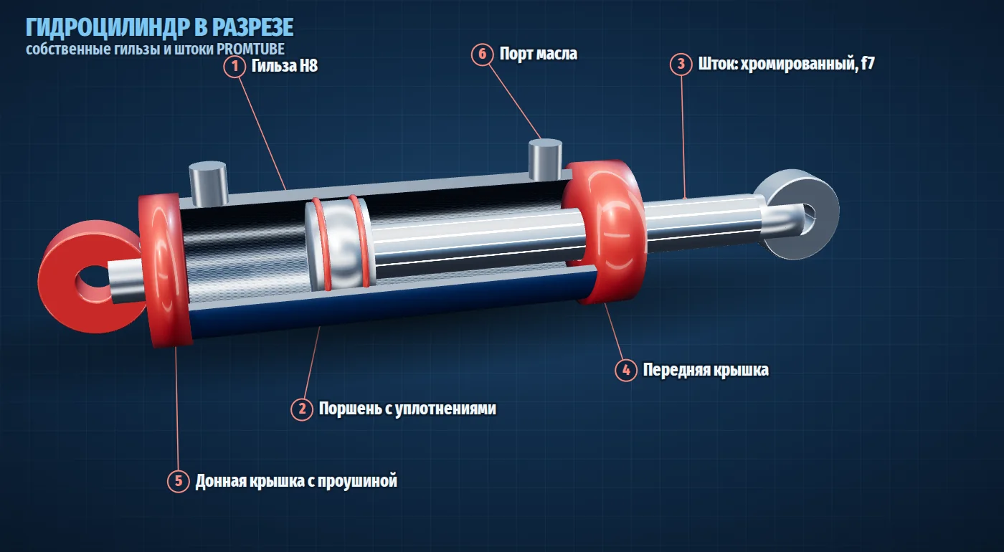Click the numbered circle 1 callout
pos(235,66)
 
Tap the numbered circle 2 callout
pos(302,409)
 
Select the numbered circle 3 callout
pos(681,64)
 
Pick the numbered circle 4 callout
pos(625,370)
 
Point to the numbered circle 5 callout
pos(179,481)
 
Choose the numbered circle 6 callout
pos(482,54)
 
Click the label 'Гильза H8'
pos(285,66)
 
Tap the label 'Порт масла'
pos(539,54)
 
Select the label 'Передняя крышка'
pos(706,370)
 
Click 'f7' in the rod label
pos(868,63)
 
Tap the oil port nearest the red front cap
pos(545,159)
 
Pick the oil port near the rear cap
pos(208,184)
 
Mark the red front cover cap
pos(605,231)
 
